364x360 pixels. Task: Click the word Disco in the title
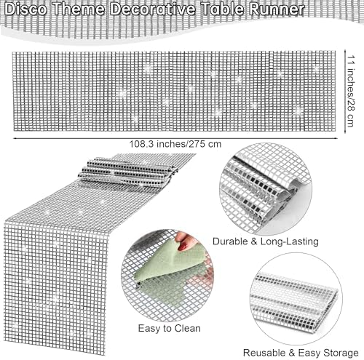25,9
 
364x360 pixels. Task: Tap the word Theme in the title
78,9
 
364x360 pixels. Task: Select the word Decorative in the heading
152,9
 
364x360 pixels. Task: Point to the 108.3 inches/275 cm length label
175,144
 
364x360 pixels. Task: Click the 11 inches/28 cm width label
350,91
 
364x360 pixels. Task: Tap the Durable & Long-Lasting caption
266,241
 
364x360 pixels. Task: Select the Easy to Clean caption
170,329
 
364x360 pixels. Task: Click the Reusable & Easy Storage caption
301,353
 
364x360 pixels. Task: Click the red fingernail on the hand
183,246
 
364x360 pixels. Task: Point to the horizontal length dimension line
175,138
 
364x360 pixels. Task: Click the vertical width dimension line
345,91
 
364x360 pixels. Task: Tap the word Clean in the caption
188,328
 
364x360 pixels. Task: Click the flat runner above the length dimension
174,91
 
